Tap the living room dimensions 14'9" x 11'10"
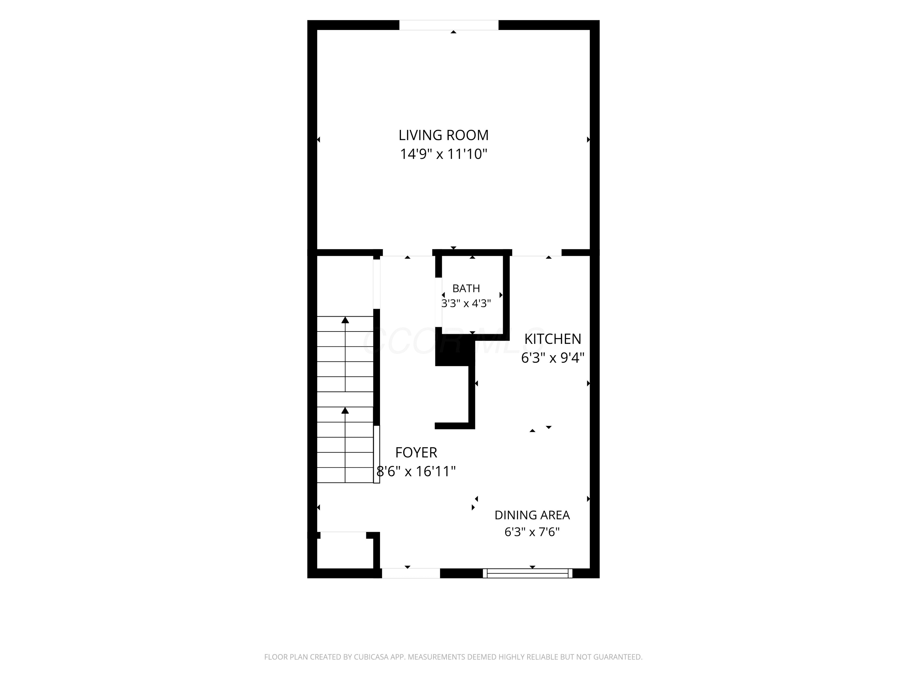[443, 154]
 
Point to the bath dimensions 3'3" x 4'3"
[466, 303]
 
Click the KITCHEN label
[553, 339]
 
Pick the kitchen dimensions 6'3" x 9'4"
[553, 358]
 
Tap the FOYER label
[416, 452]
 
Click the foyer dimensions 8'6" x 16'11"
[416, 471]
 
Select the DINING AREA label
[532, 515]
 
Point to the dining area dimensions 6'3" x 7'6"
[532, 532]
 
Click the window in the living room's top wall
[449, 25]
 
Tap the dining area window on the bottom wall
[527, 573]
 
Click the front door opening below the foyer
[411, 573]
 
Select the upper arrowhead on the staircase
[345, 320]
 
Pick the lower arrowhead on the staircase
[345, 410]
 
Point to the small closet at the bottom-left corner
[345, 550]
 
